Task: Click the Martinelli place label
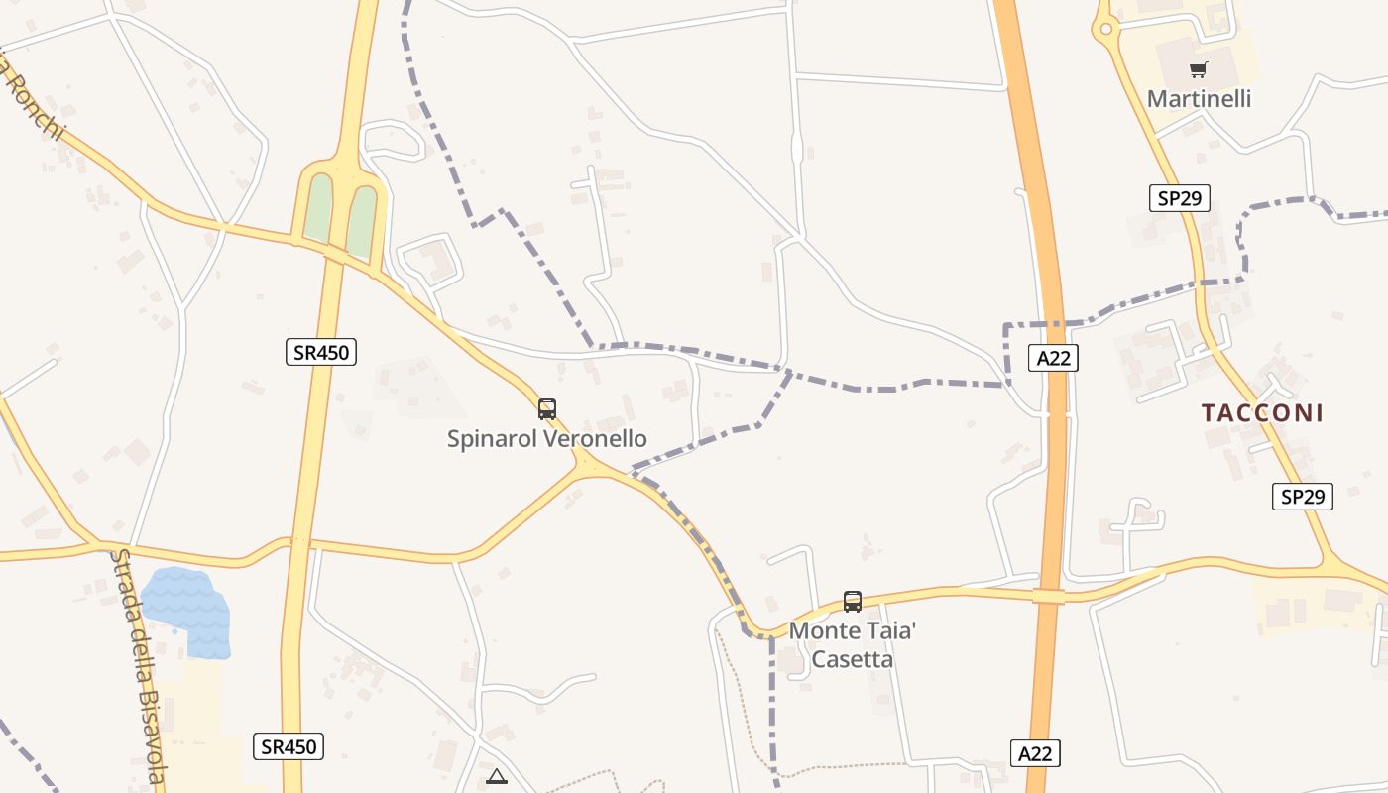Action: [x=1199, y=99]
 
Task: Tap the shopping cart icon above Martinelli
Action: [x=1199, y=69]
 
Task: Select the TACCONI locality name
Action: [x=1262, y=413]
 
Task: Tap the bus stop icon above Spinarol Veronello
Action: [x=546, y=408]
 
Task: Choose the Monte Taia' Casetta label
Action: [x=853, y=644]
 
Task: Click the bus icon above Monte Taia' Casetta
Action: [x=852, y=601]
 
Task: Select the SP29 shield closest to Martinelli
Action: [x=1179, y=198]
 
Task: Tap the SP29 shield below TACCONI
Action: [x=1302, y=497]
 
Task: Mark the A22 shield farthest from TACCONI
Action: [x=1035, y=753]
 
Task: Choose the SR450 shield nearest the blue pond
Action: [x=289, y=746]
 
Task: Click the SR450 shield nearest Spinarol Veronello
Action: [x=321, y=351]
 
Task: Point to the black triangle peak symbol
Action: [x=497, y=776]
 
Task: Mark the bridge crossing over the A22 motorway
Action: [x=1048, y=596]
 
